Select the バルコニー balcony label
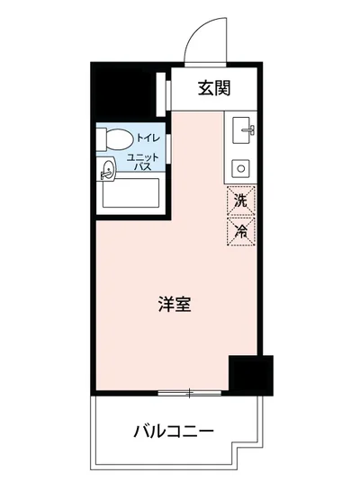175,430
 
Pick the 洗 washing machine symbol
240,200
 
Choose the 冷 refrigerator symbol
240,230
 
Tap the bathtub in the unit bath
130,194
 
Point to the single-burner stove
241,166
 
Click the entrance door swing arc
200,40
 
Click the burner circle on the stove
241,166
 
